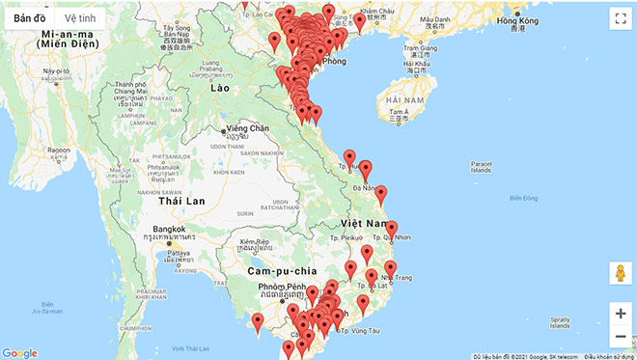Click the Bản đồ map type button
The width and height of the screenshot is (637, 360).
[29, 18]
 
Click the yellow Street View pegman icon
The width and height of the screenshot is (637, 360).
[619, 273]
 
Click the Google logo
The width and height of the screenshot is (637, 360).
[19, 353]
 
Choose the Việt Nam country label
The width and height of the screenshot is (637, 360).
[363, 223]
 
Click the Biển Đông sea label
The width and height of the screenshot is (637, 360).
[523, 198]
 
